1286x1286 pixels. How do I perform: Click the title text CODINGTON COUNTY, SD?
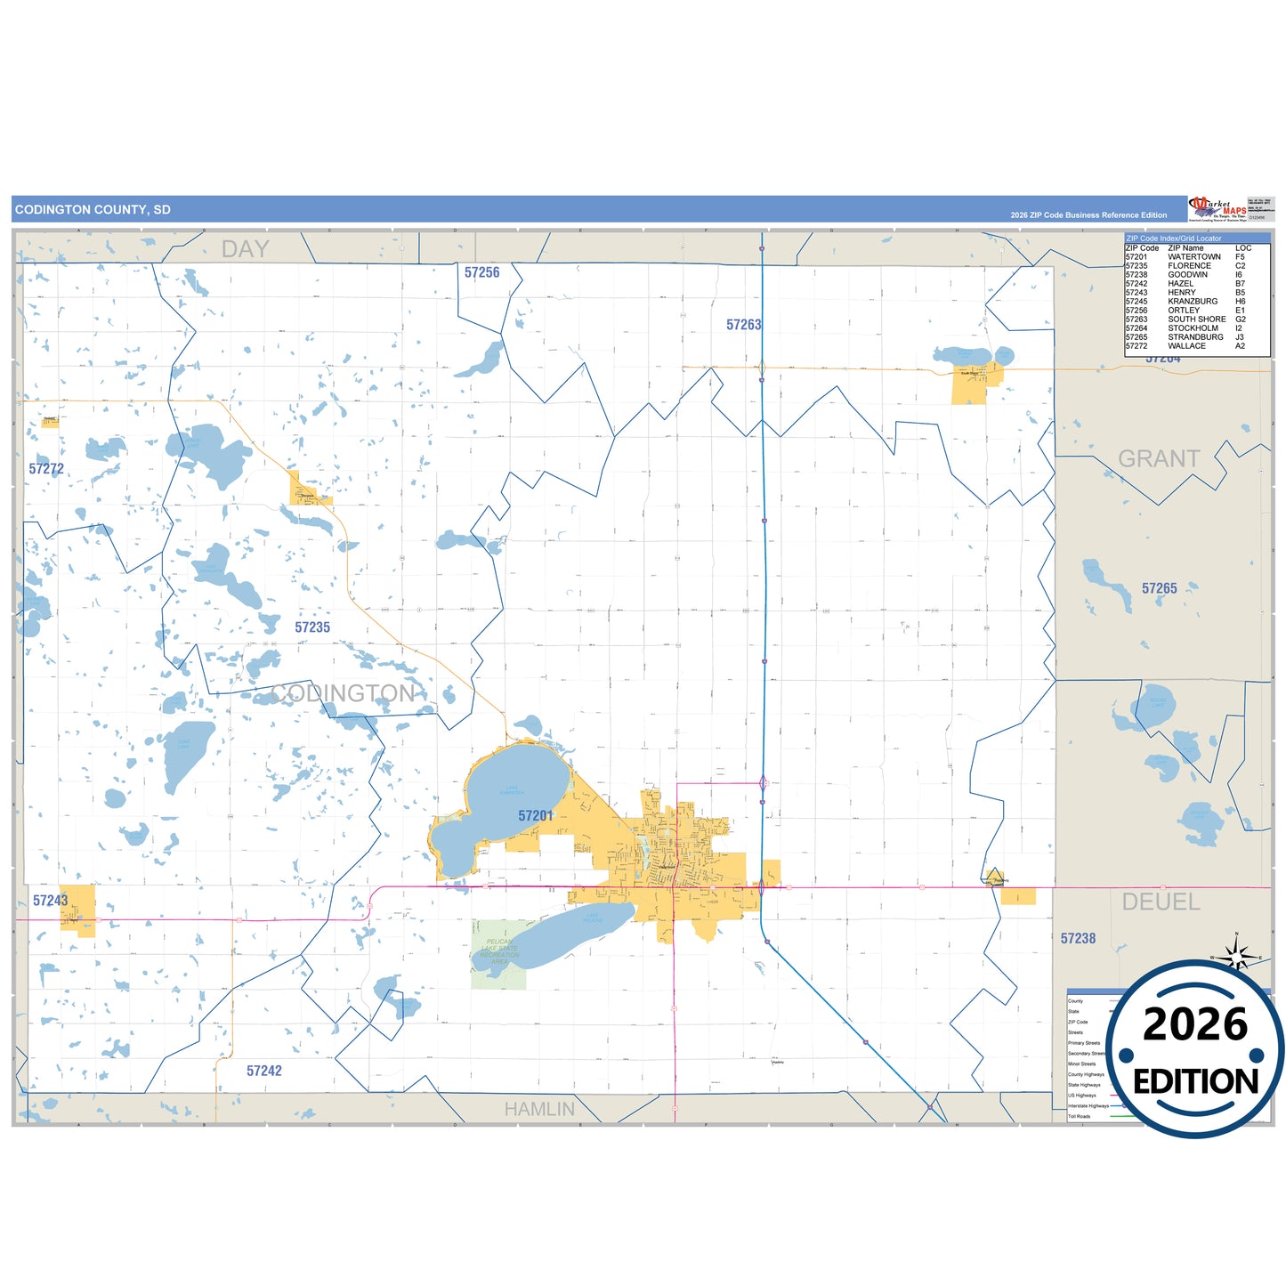(x=93, y=210)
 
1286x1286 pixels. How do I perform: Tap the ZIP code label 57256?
(x=481, y=272)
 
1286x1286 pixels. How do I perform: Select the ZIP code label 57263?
(x=743, y=325)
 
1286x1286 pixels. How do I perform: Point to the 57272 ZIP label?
(x=46, y=469)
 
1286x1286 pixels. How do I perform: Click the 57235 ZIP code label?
(x=312, y=627)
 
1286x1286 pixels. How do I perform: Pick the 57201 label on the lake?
(x=535, y=815)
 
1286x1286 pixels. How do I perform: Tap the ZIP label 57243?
(x=51, y=901)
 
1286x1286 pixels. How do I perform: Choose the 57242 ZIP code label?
(x=264, y=1071)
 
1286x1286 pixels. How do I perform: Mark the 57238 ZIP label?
(x=1078, y=938)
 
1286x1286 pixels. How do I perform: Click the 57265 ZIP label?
(x=1159, y=588)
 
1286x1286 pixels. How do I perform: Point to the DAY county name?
(x=245, y=249)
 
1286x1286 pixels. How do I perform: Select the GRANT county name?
(x=1159, y=458)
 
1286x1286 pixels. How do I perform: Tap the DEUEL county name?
(x=1161, y=902)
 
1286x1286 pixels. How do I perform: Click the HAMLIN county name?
(x=539, y=1109)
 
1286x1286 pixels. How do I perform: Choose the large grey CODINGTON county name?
(x=343, y=693)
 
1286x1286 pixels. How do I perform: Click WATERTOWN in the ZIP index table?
(x=1193, y=257)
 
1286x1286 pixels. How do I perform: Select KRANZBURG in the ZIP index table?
(x=1193, y=302)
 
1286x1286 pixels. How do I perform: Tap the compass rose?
(x=1235, y=957)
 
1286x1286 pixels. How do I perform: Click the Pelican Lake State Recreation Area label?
(x=499, y=951)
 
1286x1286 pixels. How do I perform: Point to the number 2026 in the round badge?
(x=1195, y=1024)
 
